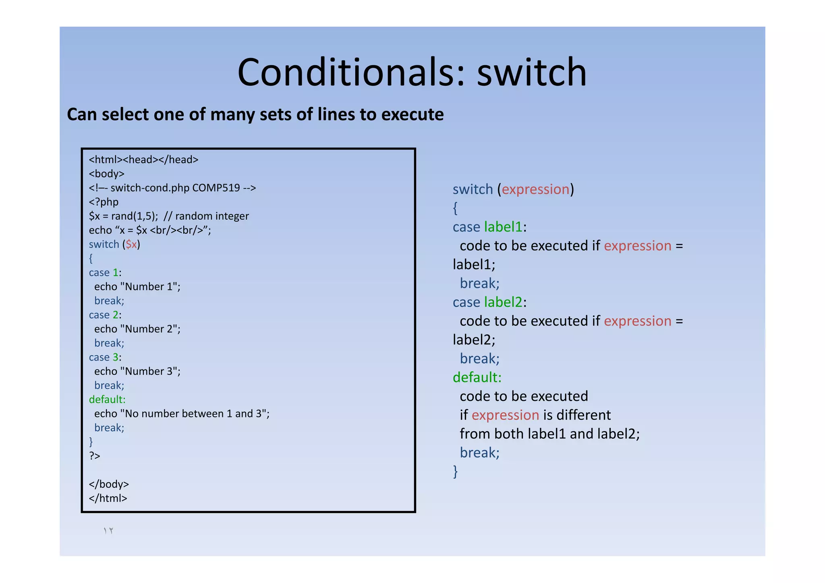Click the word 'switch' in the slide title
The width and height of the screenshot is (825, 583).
[532, 73]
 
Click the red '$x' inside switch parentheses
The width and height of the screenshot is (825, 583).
[131, 244]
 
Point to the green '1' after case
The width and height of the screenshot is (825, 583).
[116, 273]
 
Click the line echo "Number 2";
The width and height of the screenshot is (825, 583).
[137, 329]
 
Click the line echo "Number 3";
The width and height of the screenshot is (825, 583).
[137, 371]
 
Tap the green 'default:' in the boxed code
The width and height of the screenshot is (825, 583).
[107, 400]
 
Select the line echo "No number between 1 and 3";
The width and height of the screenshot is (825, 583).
[182, 414]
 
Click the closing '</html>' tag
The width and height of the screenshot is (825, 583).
[108, 498]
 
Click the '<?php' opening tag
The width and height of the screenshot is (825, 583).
[104, 202]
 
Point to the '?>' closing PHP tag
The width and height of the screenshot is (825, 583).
[94, 456]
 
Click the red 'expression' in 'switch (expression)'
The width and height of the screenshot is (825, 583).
[535, 189]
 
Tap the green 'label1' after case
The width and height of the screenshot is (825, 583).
[503, 227]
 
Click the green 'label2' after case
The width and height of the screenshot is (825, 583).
[503, 302]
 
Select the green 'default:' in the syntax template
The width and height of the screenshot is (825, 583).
[477, 378]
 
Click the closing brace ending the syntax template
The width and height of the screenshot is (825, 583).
[456, 471]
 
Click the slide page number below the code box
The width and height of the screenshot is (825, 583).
[108, 531]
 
